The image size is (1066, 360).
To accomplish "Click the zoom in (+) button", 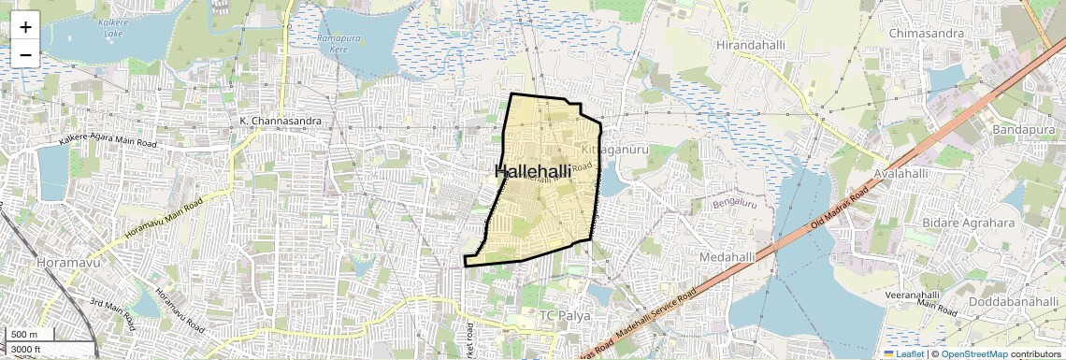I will [25, 26].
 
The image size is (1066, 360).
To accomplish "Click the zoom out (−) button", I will [25, 54].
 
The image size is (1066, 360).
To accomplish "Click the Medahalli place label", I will [727, 256].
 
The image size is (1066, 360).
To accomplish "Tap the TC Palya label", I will [566, 315].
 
